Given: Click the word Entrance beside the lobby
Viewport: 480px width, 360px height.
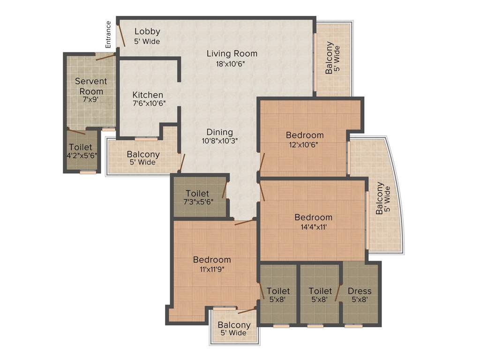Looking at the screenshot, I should coord(108,35).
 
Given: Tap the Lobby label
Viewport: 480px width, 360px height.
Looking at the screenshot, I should coord(147,32).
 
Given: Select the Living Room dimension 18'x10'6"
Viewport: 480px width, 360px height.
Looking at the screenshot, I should coord(232,64).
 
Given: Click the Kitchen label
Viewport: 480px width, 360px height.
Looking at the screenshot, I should coord(148,95).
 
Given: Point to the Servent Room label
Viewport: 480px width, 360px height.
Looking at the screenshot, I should coord(91,86).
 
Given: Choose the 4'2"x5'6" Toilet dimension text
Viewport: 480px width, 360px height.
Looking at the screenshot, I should coord(82,156).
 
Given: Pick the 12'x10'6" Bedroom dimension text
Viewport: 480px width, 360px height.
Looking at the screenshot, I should coord(305,144).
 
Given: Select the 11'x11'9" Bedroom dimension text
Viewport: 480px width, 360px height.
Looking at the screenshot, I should coord(212,269).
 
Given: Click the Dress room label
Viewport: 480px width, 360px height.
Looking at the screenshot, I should coord(360,291).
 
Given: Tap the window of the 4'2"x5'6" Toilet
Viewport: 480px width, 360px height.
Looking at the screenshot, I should coord(88,172).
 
